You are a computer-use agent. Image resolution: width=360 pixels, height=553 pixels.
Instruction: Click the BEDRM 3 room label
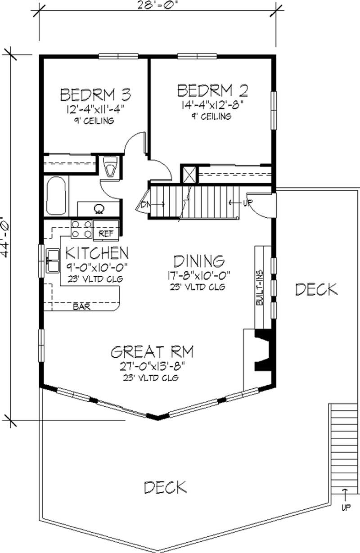[95, 95]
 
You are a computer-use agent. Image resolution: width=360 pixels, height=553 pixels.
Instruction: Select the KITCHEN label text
[97, 252]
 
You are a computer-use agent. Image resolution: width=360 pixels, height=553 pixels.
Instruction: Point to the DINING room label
[198, 261]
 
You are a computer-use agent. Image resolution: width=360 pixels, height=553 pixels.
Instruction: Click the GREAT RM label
[149, 351]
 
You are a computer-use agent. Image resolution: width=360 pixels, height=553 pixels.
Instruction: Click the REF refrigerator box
[106, 234]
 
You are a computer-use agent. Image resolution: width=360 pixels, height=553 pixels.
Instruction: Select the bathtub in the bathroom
[56, 197]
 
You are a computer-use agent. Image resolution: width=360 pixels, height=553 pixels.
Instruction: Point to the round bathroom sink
[99, 208]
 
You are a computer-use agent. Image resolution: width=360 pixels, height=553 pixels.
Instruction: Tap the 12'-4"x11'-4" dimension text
[95, 108]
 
